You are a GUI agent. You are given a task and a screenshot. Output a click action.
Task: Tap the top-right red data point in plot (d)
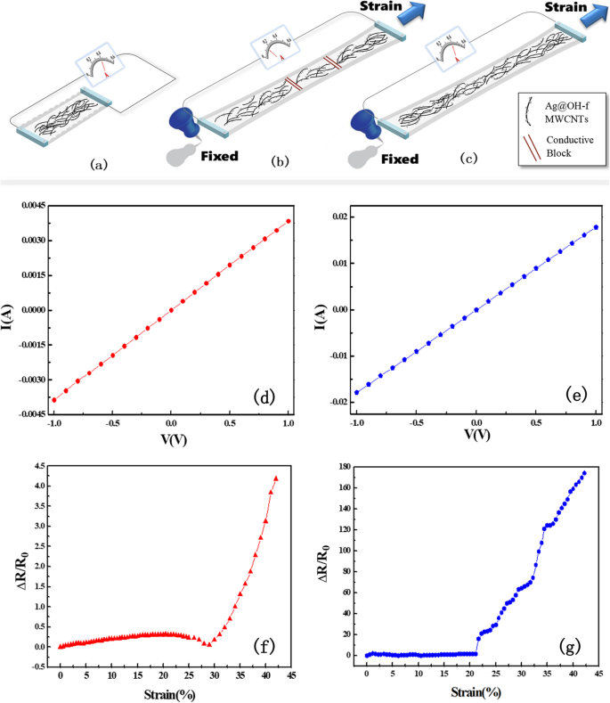[x=289, y=221]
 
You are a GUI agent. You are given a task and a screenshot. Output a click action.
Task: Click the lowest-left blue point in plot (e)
[x=357, y=392]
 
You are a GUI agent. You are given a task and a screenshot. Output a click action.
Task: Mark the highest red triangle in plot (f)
[x=276, y=478]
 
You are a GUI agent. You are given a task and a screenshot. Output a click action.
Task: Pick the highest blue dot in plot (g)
[x=584, y=473]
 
